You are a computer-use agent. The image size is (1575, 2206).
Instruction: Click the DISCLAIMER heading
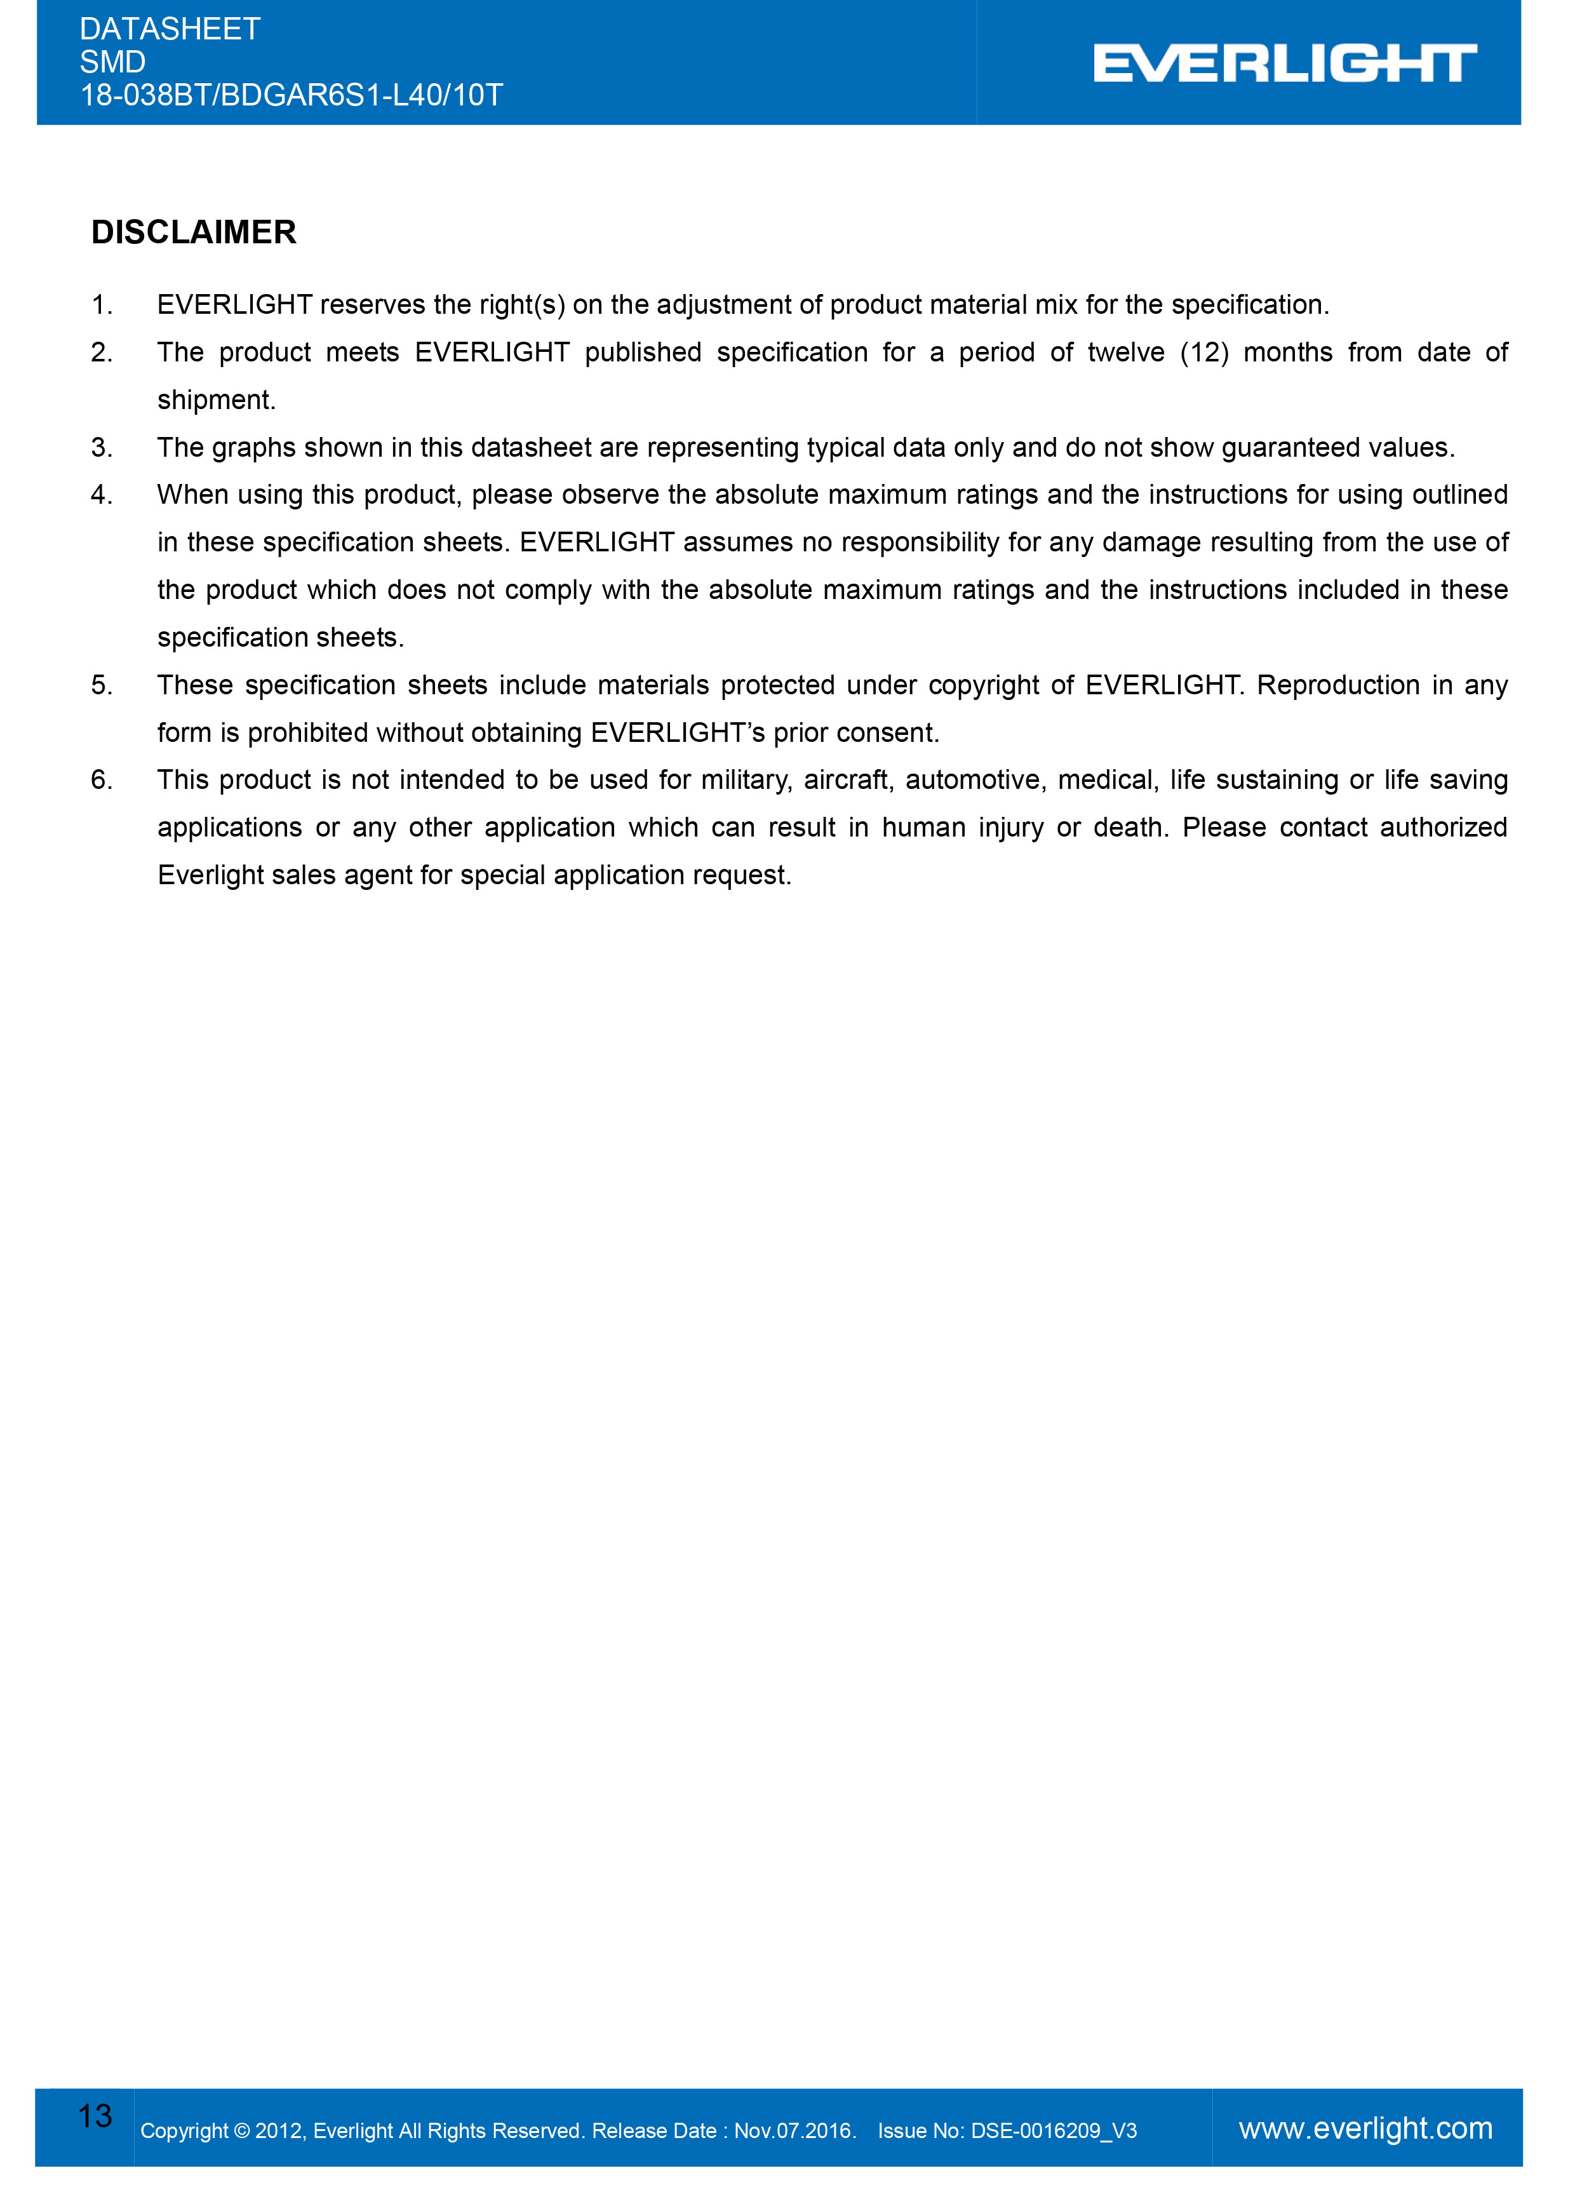[x=194, y=233]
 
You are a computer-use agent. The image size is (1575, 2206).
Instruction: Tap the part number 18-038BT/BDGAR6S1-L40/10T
[x=291, y=95]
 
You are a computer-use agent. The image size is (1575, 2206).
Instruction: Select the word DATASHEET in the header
[x=170, y=29]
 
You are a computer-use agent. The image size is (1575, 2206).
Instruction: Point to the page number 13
[x=95, y=2116]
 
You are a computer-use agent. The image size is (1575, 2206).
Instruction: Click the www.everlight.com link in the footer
[x=1365, y=2129]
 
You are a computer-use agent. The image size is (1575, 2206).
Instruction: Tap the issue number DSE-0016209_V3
[x=1053, y=2131]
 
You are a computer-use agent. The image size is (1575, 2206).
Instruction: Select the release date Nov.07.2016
[x=793, y=2131]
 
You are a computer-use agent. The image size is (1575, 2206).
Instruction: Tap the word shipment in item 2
[x=215, y=401]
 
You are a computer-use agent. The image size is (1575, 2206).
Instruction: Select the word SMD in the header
[x=112, y=62]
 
